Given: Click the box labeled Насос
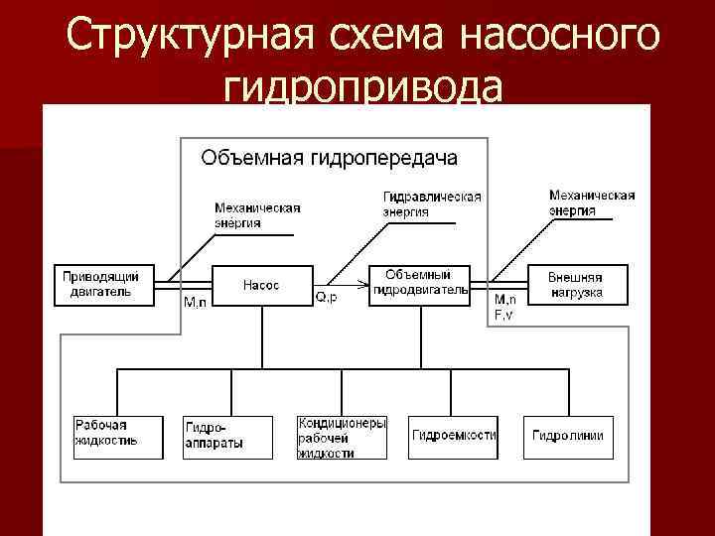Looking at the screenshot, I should coord(261,285).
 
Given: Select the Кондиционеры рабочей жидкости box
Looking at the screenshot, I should coord(342,437).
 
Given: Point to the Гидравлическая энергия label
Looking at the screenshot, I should coord(432,203).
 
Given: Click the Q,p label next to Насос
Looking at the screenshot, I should coord(326,297).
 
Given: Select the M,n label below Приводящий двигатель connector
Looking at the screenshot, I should coord(196,303).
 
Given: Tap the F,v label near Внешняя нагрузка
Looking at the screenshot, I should coord(504,315).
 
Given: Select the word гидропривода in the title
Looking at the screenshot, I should coord(363,91).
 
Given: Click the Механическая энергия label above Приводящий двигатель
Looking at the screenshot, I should coord(256,215).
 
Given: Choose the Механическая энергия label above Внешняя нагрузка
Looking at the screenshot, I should coord(592,202).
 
